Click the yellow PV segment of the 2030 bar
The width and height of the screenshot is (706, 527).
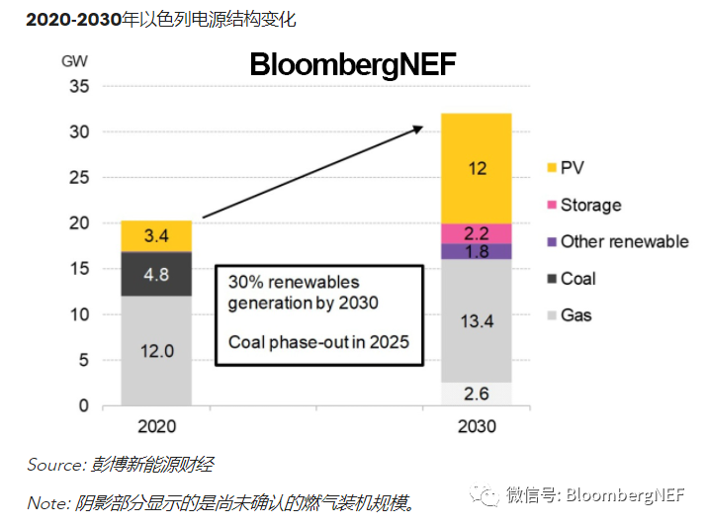coord(477,168)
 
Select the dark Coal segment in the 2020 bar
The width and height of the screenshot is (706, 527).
coord(156,274)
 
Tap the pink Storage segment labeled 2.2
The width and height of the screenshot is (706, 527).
coord(477,233)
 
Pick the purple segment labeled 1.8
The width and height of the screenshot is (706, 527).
coord(477,251)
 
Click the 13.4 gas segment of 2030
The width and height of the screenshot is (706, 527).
coord(477,320)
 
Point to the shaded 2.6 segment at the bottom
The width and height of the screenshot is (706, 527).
coord(477,394)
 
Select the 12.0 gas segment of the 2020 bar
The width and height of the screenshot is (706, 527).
coord(156,351)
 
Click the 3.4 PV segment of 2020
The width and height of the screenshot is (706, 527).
coord(156,236)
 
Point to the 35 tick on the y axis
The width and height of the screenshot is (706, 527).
coord(78,87)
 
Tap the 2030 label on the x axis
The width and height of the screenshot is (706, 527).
coord(477,427)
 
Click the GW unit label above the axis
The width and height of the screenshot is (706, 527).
coord(74,60)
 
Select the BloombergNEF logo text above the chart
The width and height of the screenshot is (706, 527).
coord(352,64)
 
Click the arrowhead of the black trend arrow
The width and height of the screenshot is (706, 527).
coord(418,129)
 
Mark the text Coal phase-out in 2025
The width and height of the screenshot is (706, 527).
coord(318,342)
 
